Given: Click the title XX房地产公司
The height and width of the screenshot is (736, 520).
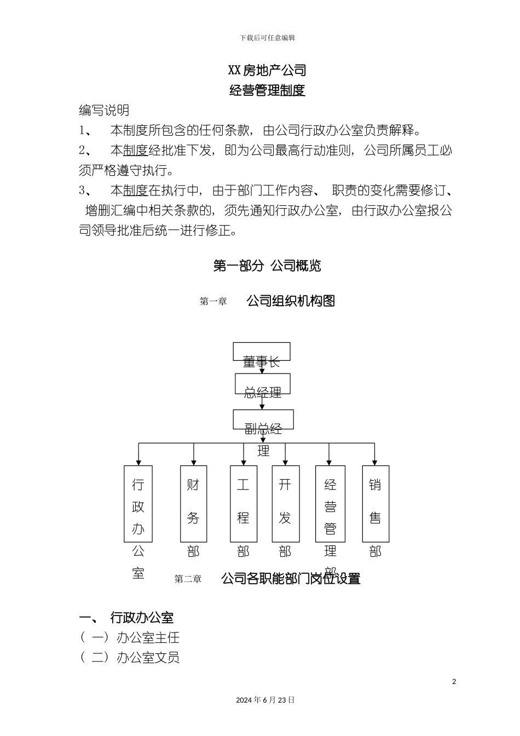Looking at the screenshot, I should click(267, 70).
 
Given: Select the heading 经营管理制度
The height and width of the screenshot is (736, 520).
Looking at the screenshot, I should click(267, 90).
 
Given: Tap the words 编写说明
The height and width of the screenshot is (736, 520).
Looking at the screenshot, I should click(104, 110).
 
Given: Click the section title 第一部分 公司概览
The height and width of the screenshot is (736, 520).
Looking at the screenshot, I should click(267, 266).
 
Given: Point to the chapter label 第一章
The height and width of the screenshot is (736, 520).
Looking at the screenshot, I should click(213, 301).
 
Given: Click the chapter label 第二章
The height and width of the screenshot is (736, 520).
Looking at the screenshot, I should click(188, 579).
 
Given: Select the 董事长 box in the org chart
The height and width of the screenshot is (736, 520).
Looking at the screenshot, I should click(262, 352).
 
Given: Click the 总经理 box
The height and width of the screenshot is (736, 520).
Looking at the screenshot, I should click(262, 384).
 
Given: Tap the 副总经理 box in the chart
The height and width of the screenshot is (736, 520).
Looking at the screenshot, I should click(263, 419).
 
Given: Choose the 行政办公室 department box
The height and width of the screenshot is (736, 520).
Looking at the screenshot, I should click(138, 504).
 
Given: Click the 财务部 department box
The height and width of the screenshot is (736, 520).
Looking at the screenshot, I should click(193, 504).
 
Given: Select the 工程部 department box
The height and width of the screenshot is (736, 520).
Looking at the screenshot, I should click(243, 504).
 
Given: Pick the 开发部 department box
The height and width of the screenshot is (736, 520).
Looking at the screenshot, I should click(285, 504).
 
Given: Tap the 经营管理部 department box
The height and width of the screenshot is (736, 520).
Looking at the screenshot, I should click(330, 504).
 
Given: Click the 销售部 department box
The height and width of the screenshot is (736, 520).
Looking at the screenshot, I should click(375, 504).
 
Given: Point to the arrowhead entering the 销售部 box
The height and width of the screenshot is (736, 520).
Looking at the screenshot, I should click(374, 462).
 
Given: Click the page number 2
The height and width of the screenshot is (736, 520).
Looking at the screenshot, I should click(454, 682).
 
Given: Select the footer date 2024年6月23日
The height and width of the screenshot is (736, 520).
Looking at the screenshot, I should click(265, 700).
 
